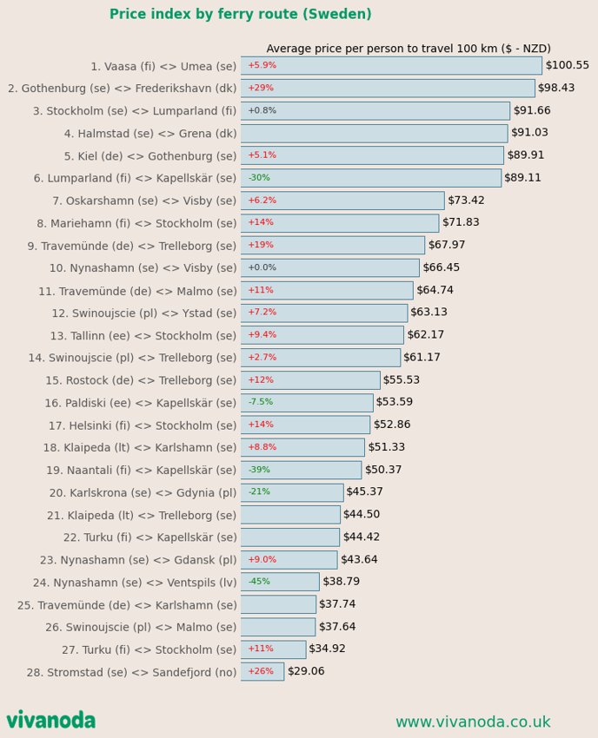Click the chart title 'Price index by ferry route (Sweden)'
[x=241, y=14]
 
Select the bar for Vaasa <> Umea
[x=391, y=65]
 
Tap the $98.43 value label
[x=556, y=88]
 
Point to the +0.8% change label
[x=262, y=110]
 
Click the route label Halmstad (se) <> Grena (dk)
[x=150, y=134]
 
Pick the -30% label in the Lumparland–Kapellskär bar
[x=259, y=177]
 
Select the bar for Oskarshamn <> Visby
[x=342, y=201]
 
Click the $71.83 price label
[x=461, y=222]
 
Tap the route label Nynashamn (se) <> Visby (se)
[x=143, y=268]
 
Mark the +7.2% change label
[x=262, y=312]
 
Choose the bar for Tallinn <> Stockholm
[x=322, y=335]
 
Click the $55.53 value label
[x=401, y=379]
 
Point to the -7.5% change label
[x=261, y=401]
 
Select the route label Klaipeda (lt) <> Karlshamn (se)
[x=140, y=448]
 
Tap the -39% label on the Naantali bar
[x=259, y=469]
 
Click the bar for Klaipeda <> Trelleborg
[x=290, y=515]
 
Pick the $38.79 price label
[x=342, y=581]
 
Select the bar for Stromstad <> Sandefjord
[x=262, y=672]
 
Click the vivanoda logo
[x=51, y=720]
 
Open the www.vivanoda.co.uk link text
[x=473, y=722]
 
